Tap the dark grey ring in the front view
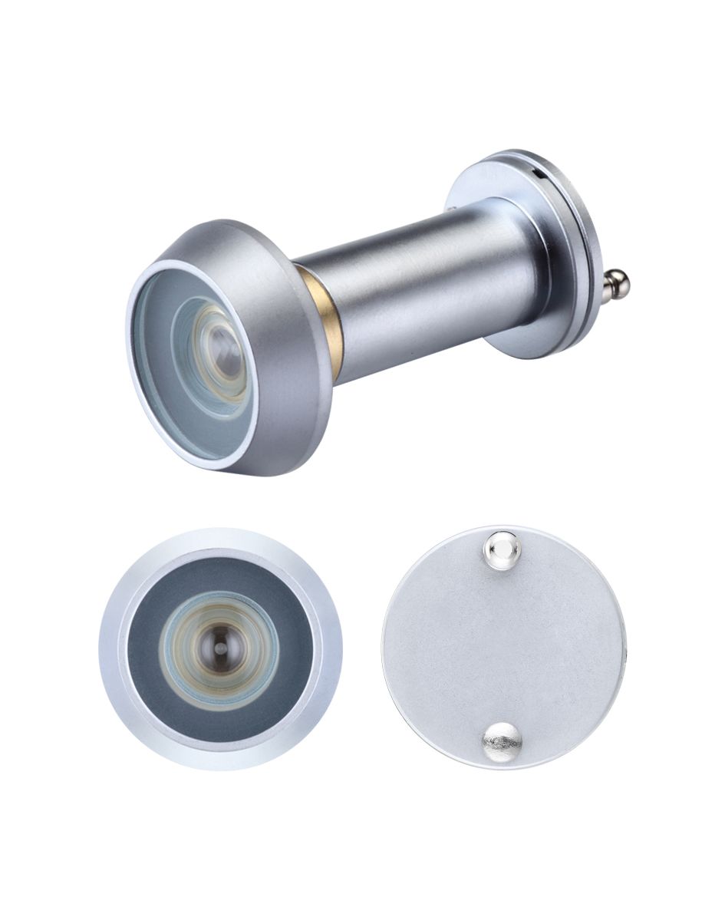[146, 652]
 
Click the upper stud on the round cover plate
[502, 547]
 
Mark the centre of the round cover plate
[503, 645]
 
